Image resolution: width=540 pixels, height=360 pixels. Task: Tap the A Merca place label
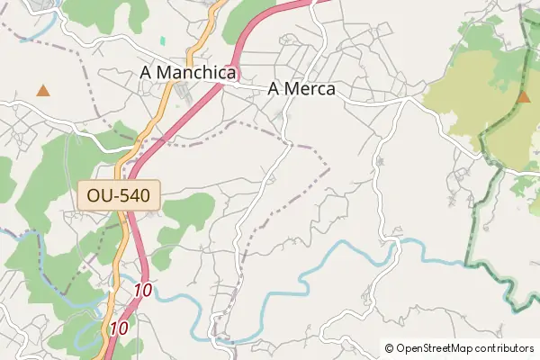click(301, 89)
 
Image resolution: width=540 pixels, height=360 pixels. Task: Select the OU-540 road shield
click(119, 194)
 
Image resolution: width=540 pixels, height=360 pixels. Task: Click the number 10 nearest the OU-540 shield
click(142, 290)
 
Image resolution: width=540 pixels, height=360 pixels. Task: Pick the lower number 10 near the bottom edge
click(118, 329)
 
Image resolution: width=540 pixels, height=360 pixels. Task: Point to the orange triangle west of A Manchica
click(42, 90)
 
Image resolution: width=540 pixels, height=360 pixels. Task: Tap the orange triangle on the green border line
click(524, 96)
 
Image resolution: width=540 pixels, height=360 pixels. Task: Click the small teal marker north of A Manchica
click(163, 40)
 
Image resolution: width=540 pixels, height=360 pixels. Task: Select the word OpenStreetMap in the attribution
click(438, 348)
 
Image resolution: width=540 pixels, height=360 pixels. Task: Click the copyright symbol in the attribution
click(389, 348)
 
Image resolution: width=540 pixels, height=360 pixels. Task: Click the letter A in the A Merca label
click(274, 89)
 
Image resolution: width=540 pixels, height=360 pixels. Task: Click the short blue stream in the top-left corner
click(36, 31)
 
